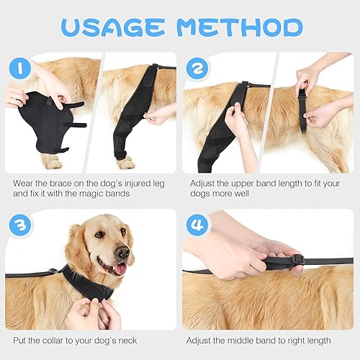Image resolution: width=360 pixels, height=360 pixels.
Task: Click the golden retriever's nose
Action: [x=123, y=253]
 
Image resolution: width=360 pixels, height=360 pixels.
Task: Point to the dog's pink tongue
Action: [x=120, y=269]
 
